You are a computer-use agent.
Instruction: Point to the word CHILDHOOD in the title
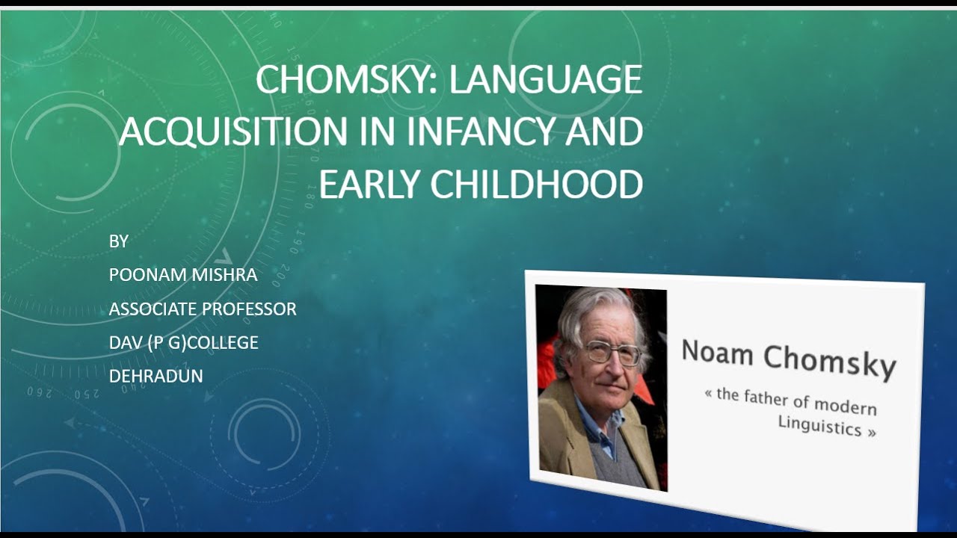(x=536, y=184)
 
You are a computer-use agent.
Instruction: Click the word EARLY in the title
(x=369, y=184)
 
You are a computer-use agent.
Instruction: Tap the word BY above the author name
(x=119, y=241)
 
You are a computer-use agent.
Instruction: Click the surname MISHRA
(x=222, y=275)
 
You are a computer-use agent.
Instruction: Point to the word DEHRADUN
(x=156, y=376)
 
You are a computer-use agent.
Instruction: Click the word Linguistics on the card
(x=819, y=426)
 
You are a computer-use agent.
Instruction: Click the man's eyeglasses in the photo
(x=613, y=352)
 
